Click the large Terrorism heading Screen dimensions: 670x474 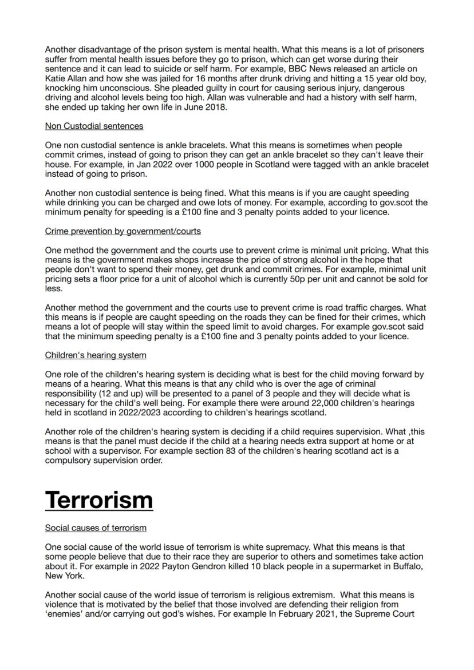click(x=98, y=499)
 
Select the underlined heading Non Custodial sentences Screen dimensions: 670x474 click(x=94, y=126)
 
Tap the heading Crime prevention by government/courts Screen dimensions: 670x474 click(x=123, y=231)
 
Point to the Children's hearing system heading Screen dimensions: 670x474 click(x=95, y=355)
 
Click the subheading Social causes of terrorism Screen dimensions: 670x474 click(x=96, y=528)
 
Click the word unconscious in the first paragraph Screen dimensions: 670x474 click(x=125, y=88)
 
